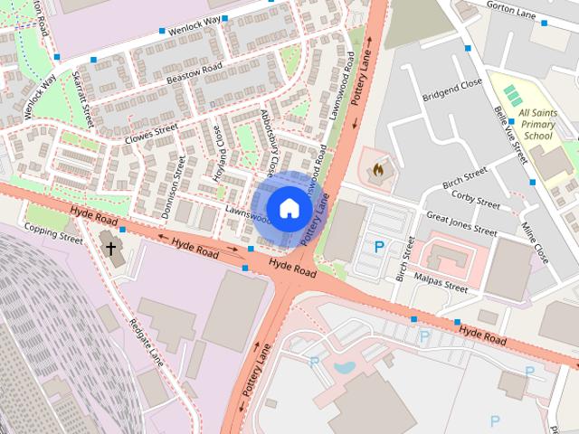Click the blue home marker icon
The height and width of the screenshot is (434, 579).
coord(288,208)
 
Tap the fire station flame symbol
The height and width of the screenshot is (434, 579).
coord(378,168)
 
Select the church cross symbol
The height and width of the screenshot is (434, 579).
coord(111,247)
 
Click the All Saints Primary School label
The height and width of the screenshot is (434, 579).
coord(537,124)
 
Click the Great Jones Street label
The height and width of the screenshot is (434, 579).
coord(461,223)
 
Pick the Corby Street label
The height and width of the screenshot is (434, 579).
coord(476,199)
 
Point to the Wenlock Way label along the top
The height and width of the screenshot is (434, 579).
coord(195,23)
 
